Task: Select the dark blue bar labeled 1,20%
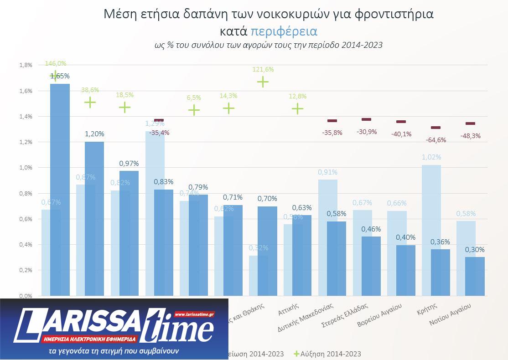pyautogui.click(x=94, y=219)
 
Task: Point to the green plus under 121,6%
pyautogui.click(x=263, y=82)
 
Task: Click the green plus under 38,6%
pyautogui.click(x=90, y=102)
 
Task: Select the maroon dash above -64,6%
pyautogui.click(x=435, y=128)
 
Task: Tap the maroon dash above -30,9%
pyautogui.click(x=366, y=119)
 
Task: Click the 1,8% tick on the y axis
pyautogui.click(x=26, y=65)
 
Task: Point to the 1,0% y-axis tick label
pyautogui.click(x=26, y=168)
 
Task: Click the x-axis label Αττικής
pyautogui.click(x=289, y=309)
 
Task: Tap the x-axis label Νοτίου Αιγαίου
pyautogui.click(x=451, y=315)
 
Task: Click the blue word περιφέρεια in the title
pyautogui.click(x=284, y=31)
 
